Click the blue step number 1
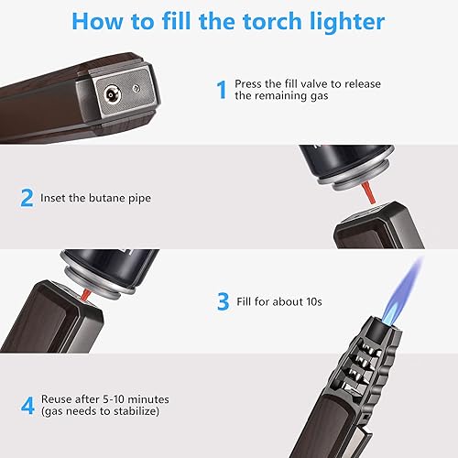click(221, 89)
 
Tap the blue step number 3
click(222, 300)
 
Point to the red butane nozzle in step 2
click(370, 191)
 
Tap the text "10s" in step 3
click(317, 300)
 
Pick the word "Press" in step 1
click(249, 82)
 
